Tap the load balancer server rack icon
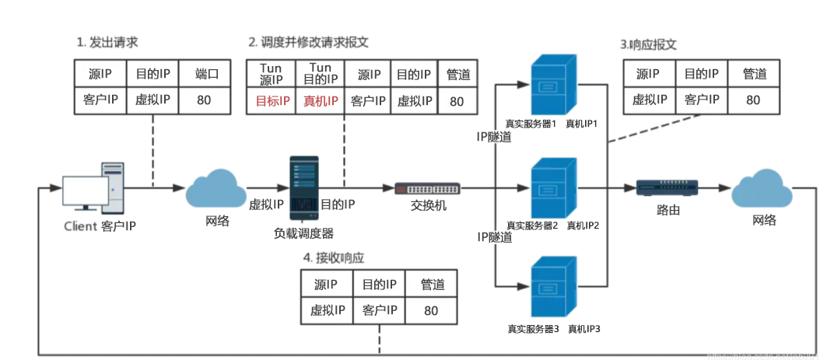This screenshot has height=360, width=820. click(x=304, y=187)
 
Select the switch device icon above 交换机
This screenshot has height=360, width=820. click(x=427, y=188)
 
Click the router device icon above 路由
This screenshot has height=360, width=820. click(x=668, y=187)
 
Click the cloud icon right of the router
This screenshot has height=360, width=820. click(x=763, y=188)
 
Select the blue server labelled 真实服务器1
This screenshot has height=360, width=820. click(x=552, y=86)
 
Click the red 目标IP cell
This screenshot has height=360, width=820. click(x=272, y=101)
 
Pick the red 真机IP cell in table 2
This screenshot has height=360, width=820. click(x=321, y=101)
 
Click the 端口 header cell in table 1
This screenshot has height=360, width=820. click(x=206, y=75)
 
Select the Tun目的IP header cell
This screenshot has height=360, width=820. click(x=321, y=75)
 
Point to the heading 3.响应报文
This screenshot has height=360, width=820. click(x=648, y=44)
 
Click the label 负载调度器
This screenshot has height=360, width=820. click(x=303, y=232)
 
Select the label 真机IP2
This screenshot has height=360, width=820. click(x=582, y=225)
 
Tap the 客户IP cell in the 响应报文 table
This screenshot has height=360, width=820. click(x=701, y=100)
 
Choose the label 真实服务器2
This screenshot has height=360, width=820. click(x=531, y=225)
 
